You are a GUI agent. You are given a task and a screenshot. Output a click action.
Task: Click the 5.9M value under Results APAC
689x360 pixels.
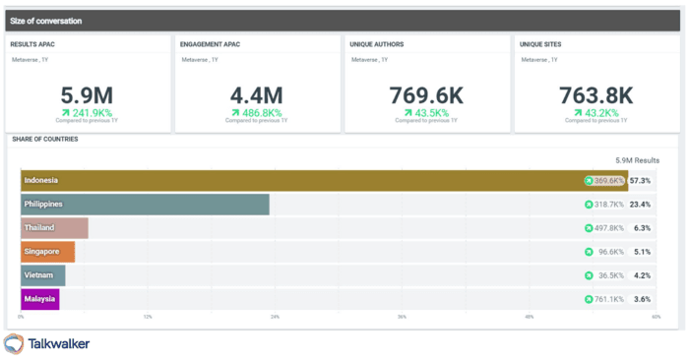click(88, 95)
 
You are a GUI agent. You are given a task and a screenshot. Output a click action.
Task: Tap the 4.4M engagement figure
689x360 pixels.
click(256, 95)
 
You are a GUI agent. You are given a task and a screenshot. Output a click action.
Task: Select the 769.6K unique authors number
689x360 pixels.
click(426, 95)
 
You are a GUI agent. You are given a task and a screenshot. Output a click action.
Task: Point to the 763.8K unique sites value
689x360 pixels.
click(595, 95)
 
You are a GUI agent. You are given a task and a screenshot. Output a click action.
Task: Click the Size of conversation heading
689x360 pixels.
click(46, 21)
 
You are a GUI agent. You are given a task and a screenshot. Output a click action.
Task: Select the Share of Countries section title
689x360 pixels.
click(44, 139)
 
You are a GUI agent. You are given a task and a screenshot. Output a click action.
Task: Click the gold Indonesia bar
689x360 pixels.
click(295, 181)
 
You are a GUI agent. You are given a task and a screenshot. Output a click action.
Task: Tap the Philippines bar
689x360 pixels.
click(145, 205)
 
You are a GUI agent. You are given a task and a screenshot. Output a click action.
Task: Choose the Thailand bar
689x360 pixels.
click(55, 228)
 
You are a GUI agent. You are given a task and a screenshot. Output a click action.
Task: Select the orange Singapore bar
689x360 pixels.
click(48, 252)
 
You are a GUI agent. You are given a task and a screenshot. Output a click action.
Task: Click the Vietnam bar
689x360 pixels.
click(43, 275)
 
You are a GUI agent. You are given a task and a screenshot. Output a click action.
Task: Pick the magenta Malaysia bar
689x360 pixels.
click(40, 299)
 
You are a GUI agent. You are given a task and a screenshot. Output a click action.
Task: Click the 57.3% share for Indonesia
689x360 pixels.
click(641, 181)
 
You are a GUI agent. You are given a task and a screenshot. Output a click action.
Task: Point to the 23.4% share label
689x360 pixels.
click(641, 205)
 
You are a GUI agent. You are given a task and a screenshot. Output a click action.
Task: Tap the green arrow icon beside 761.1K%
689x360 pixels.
click(589, 299)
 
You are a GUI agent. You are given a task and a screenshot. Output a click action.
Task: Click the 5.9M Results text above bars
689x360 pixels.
click(637, 159)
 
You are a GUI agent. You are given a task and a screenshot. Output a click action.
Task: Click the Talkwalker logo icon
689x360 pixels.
click(14, 343)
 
